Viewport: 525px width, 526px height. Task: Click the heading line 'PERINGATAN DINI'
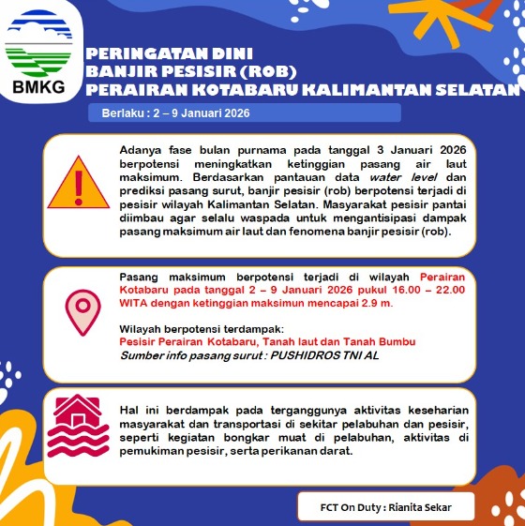click(x=169, y=53)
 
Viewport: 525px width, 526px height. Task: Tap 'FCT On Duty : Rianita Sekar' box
click(x=385, y=507)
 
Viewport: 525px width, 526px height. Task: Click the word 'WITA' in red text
click(x=134, y=304)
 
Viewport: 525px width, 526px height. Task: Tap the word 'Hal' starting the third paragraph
click(x=129, y=411)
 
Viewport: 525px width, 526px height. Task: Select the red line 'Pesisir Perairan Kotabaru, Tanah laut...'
click(x=267, y=342)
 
